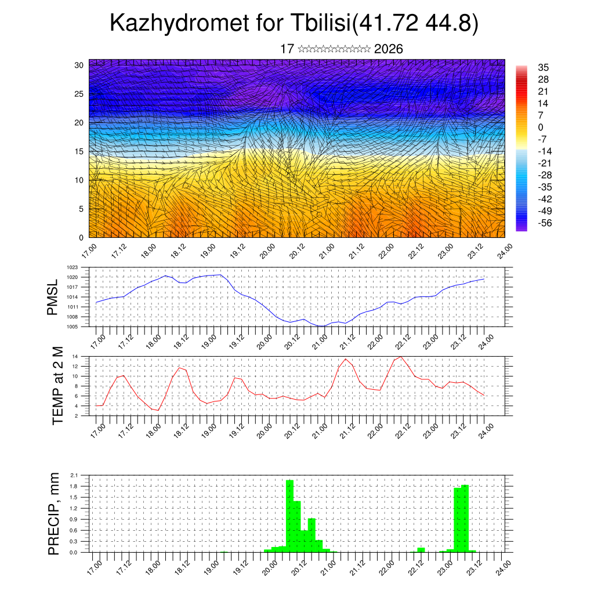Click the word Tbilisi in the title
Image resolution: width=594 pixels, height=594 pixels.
[314, 24]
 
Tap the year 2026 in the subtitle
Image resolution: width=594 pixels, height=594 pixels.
[388, 49]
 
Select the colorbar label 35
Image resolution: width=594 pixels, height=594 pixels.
[544, 68]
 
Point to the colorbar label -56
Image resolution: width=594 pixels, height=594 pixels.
[546, 223]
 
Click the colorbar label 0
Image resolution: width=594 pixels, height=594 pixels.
[541, 128]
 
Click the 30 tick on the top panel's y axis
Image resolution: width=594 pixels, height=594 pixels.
[79, 65]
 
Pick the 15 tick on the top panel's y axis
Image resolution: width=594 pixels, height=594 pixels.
[79, 151]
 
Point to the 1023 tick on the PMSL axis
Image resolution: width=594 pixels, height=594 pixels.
[73, 267]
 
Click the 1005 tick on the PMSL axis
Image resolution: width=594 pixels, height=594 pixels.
[73, 327]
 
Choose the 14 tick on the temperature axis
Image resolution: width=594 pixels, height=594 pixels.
[75, 356]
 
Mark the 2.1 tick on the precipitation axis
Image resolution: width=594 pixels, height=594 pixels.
[75, 475]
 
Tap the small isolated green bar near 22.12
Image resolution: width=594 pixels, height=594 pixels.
[421, 549]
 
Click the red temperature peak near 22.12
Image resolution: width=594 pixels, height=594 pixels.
[400, 356]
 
